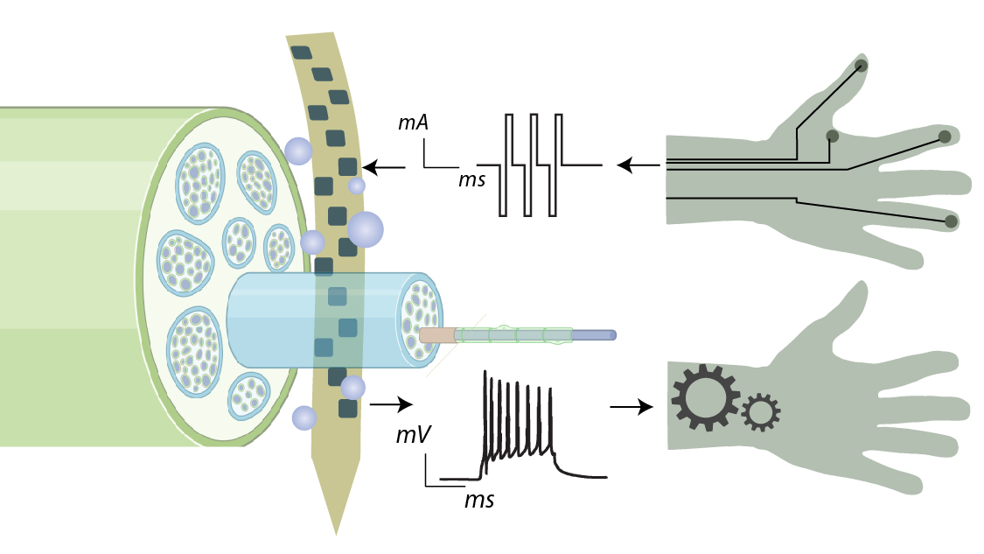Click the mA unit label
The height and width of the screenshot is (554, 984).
click(413, 124)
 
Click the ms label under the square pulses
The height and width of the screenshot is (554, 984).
click(472, 180)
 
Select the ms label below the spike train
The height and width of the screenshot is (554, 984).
click(478, 501)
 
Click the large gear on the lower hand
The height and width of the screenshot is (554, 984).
click(705, 397)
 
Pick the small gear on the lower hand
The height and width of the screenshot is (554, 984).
click(760, 411)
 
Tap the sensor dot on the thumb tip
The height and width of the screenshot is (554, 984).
click(862, 66)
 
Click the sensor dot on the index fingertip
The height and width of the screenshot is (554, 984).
click(945, 136)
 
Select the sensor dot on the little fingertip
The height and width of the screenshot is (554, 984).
click(950, 222)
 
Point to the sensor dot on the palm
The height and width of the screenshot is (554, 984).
click(832, 136)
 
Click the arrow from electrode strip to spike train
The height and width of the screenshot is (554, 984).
click(391, 404)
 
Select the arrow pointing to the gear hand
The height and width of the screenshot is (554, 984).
click(631, 406)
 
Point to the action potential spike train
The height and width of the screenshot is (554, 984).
click(520, 429)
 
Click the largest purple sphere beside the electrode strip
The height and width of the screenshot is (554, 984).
click(366, 229)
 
